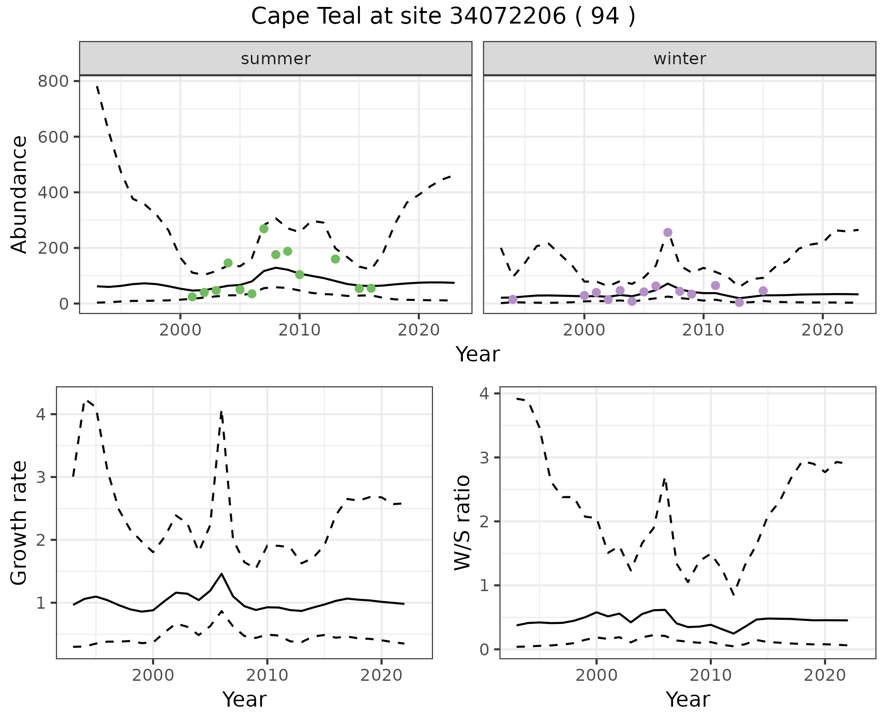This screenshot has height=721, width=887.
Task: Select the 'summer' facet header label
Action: coord(276,59)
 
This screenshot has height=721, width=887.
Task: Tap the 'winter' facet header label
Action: coord(680,59)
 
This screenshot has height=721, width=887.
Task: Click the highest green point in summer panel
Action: coord(264,229)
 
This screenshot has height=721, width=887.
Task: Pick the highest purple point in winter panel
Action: coord(668,232)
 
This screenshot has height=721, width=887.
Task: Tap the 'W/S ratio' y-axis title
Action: coord(462,523)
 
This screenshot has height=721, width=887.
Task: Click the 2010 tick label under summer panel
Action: coord(299,330)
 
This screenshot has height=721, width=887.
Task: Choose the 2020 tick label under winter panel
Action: coord(822,330)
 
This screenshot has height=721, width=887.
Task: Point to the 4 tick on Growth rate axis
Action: coord(41,414)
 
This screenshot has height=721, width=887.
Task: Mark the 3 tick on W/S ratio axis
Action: coord(484,458)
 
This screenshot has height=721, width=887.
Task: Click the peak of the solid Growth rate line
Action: coord(222,574)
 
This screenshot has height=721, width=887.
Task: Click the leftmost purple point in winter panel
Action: coord(513,299)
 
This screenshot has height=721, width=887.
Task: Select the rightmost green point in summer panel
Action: coord(371,288)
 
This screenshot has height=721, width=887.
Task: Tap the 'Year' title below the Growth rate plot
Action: coord(244,700)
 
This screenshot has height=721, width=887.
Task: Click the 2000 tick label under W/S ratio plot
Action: coord(596,675)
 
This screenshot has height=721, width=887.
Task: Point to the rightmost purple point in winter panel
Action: coord(763,291)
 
